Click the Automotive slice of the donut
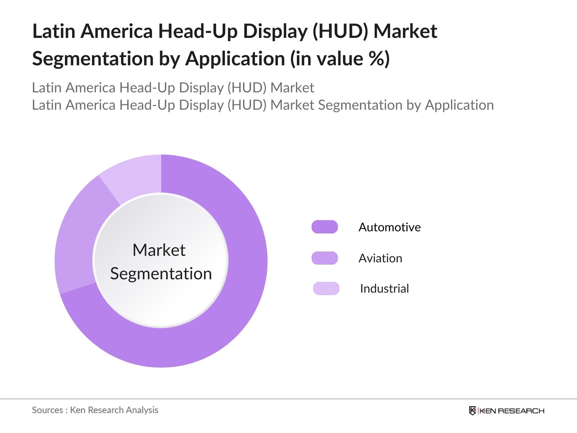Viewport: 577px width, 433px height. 231,307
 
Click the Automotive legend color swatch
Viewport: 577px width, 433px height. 325,227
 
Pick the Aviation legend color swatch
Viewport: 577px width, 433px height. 325,258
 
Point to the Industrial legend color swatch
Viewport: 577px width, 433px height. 326,289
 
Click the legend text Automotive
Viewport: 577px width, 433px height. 389,227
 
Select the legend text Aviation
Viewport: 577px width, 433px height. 380,258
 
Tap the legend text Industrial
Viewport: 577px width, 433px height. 384,289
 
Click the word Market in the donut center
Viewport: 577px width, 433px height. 159,250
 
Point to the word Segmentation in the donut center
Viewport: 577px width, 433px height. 161,274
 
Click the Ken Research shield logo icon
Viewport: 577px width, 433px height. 472,411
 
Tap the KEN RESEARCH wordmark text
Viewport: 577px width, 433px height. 512,411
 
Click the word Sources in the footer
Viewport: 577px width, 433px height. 48,410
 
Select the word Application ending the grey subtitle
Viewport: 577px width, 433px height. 459,105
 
